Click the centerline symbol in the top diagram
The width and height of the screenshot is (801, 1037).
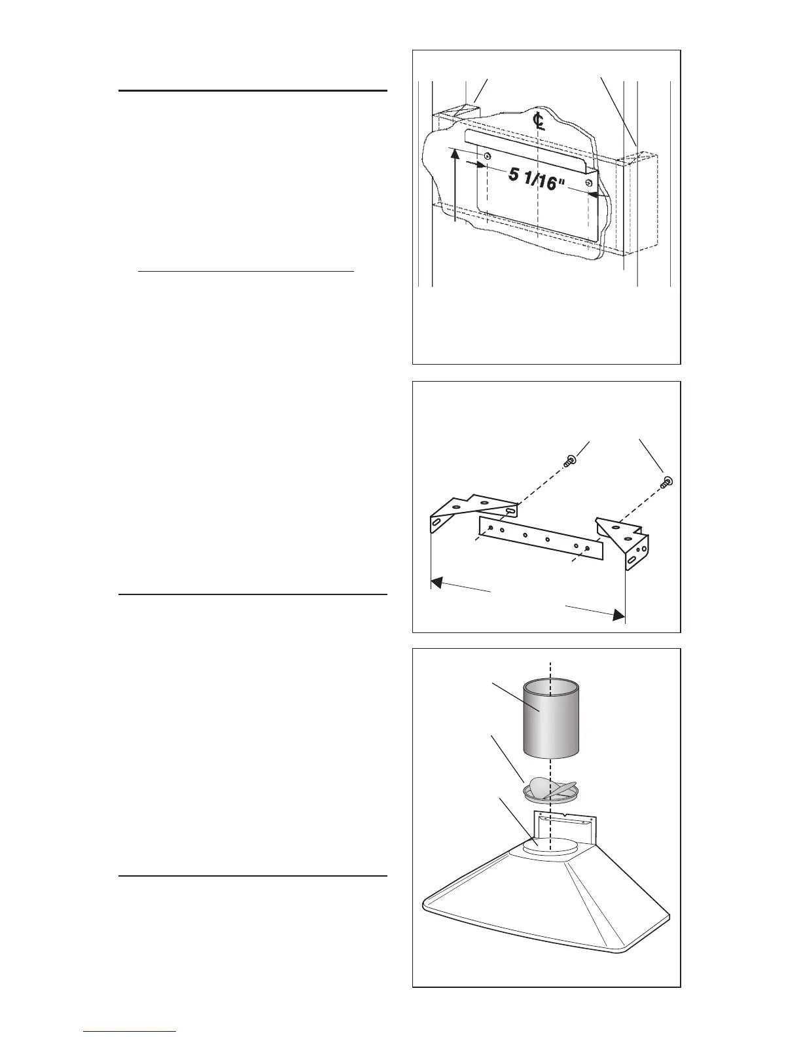(x=539, y=121)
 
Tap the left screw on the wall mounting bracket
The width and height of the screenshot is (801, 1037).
(x=488, y=155)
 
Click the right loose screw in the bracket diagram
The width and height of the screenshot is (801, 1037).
(x=667, y=482)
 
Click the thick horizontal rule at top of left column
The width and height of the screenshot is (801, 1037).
(x=253, y=91)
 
